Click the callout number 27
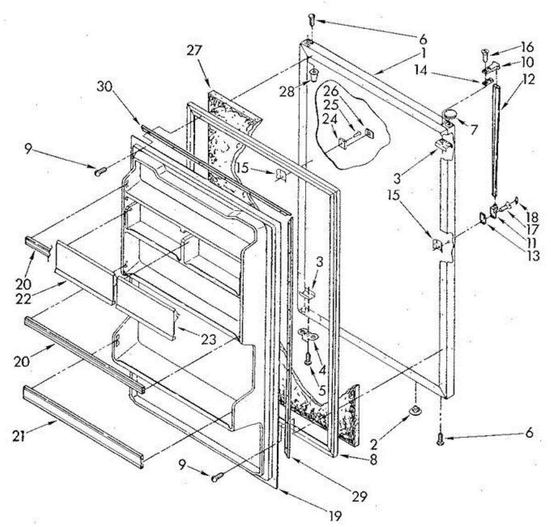point(194,50)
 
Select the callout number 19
point(335,516)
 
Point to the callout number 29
point(361,495)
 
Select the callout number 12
point(529,79)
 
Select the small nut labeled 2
point(415,408)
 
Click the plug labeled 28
point(314,74)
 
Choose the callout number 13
point(533,255)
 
